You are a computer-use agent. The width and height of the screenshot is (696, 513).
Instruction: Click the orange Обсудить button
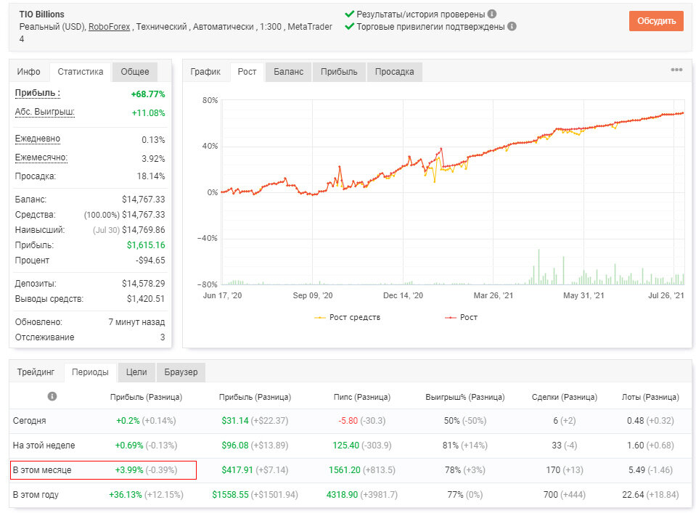coord(656,21)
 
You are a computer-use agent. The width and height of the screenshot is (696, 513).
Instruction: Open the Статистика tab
coord(81,71)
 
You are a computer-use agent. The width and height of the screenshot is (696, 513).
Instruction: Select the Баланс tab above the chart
coord(289,72)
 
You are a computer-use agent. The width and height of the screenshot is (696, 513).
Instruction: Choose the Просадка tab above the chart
coord(394,72)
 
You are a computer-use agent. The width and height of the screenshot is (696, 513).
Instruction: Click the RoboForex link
coord(109,27)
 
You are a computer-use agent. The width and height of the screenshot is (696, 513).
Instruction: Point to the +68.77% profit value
coord(148,94)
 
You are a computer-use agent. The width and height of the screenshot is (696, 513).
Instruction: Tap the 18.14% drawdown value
coord(151,176)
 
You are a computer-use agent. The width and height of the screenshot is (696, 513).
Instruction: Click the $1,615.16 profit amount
coord(146,245)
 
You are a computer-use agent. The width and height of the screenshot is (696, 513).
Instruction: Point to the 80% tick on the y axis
coord(210,100)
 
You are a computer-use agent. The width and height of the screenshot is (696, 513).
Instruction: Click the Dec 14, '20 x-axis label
coord(403,295)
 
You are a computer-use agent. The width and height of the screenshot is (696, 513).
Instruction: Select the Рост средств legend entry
coord(347,317)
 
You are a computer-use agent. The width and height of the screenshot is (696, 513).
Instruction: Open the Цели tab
coord(136,372)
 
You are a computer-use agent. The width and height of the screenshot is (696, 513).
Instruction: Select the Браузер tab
coord(181,372)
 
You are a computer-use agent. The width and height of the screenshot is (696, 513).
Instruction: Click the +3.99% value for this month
coord(129,470)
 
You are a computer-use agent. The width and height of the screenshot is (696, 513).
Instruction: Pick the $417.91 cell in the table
coord(235,470)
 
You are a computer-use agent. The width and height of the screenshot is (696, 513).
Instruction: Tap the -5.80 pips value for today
coord(348,421)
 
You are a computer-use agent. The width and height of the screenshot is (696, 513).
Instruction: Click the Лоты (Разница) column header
coord(650,397)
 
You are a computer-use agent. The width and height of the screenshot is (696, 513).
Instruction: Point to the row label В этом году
coord(36,494)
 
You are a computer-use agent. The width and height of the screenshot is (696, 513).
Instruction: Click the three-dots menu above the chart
coord(676,70)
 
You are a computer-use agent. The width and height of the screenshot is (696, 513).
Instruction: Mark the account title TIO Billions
coord(41,15)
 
